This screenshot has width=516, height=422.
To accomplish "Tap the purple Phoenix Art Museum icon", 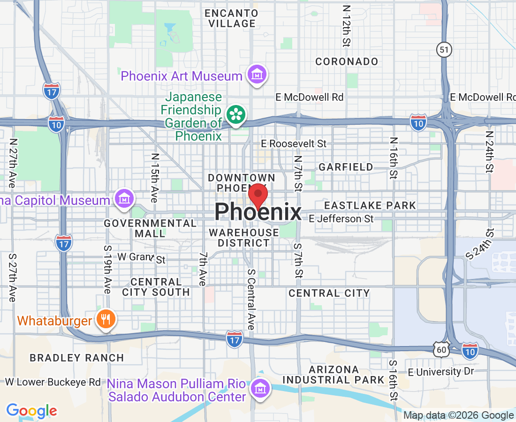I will (257, 75).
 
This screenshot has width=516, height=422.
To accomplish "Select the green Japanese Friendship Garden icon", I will (235, 114).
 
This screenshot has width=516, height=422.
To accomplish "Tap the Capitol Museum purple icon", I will (124, 199).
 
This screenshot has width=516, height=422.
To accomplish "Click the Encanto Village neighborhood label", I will (230, 18).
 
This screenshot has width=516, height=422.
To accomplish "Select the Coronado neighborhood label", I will (347, 61).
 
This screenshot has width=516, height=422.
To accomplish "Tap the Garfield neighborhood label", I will (346, 167).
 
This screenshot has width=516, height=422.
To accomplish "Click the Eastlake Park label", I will (370, 205).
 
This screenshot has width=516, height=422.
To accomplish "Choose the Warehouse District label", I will (243, 238).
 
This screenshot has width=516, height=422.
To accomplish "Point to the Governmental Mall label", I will (150, 228).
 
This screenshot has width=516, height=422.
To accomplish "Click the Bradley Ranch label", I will (77, 358).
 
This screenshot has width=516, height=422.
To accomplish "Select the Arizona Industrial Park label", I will (334, 375).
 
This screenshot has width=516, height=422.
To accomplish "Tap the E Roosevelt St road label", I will (294, 143).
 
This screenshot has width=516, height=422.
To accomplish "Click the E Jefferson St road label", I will (341, 219).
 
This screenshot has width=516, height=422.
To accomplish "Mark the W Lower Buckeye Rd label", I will (53, 382).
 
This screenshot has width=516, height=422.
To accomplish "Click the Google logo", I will (31, 411).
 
